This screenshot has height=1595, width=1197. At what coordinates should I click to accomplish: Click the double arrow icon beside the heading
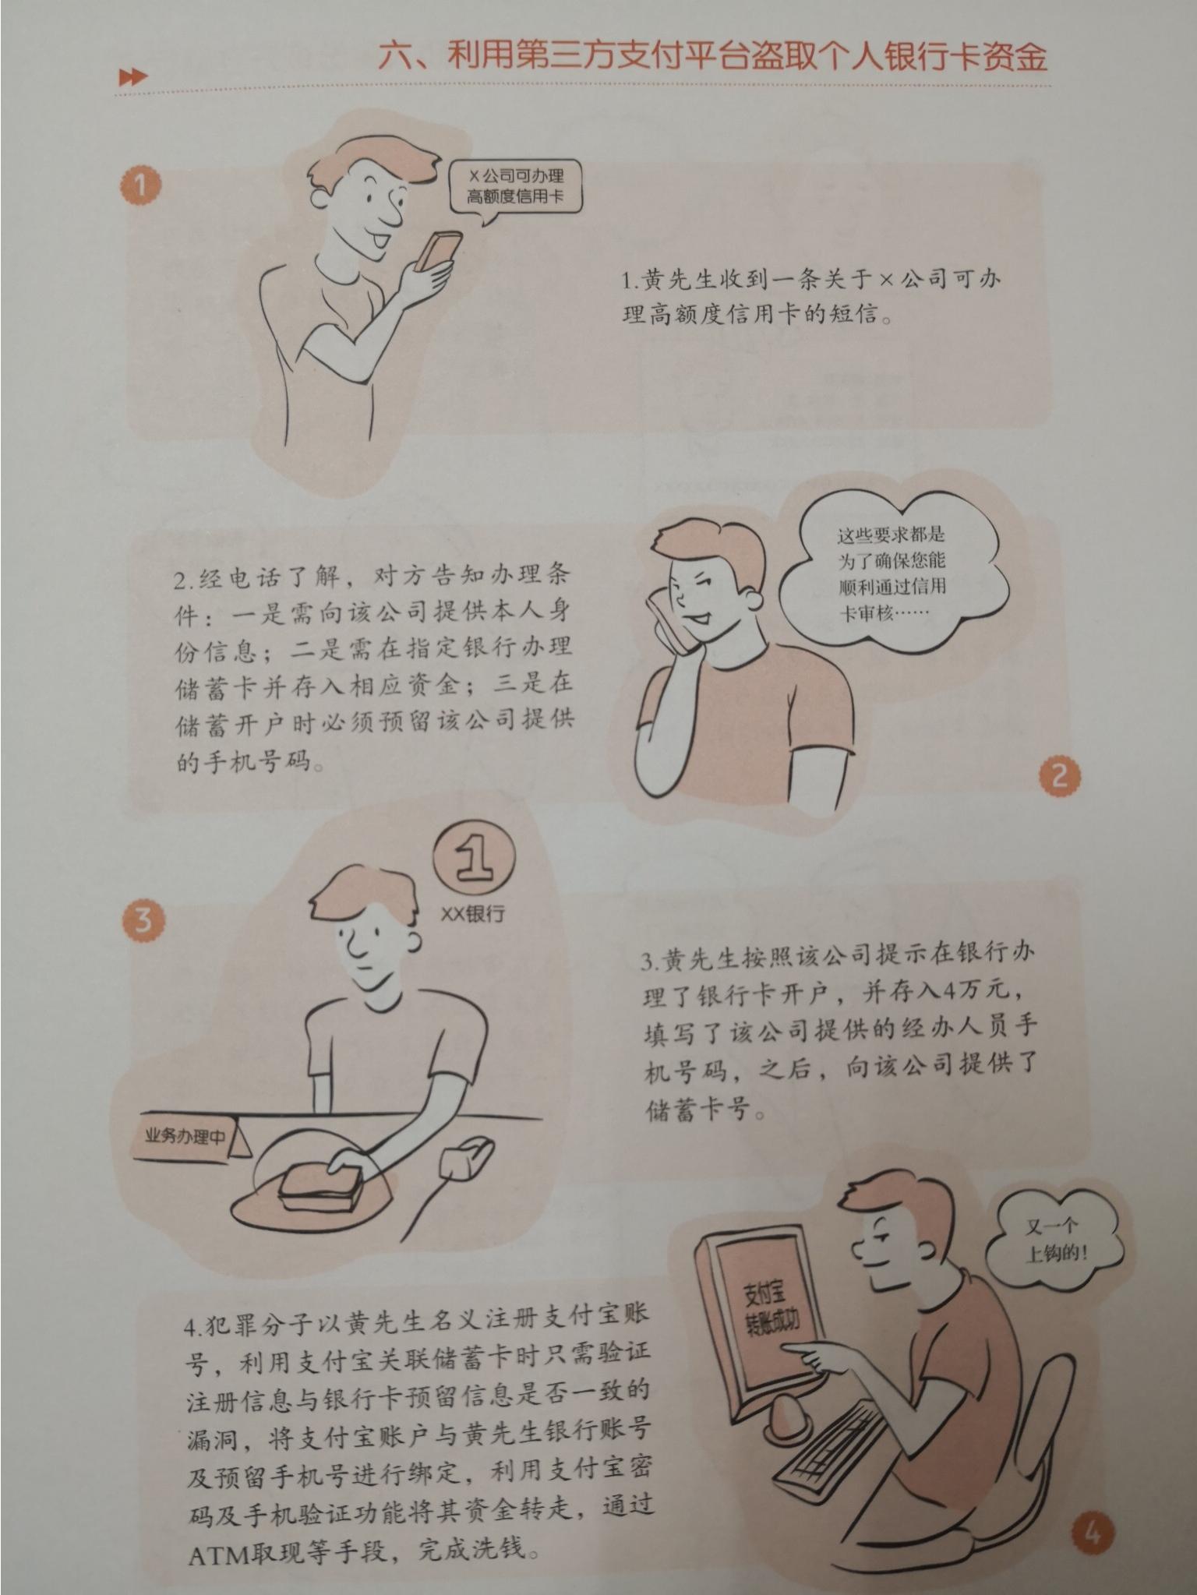[x=132, y=77]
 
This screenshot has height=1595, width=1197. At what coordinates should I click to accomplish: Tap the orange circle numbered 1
[x=140, y=185]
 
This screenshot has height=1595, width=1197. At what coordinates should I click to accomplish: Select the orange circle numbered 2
[x=1059, y=776]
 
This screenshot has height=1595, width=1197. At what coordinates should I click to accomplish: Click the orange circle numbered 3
[x=143, y=921]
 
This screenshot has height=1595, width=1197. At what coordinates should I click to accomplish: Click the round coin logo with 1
[x=475, y=863]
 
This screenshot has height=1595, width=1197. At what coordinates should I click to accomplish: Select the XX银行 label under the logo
[x=472, y=913]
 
